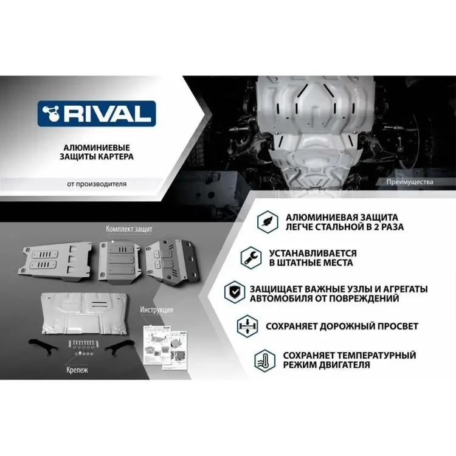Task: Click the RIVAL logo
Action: pos(97,114)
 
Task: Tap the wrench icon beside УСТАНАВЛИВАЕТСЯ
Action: pos(247,258)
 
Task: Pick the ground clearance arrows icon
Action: pos(248,326)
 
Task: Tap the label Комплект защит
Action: pos(129,229)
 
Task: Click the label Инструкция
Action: pos(156,309)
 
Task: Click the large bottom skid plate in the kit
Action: pos(85,310)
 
